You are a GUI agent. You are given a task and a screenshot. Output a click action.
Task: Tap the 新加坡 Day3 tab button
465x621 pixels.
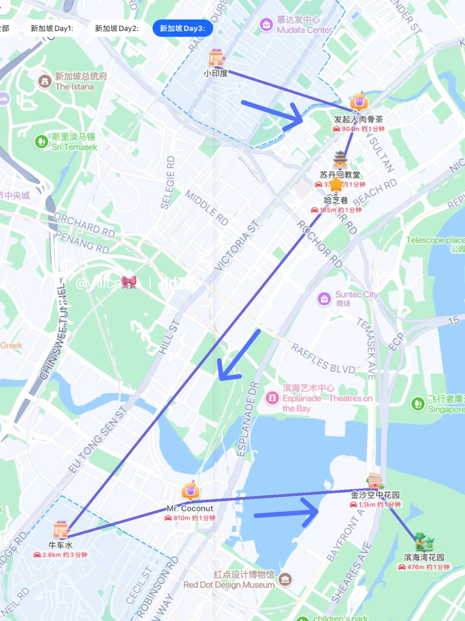tap(182, 28)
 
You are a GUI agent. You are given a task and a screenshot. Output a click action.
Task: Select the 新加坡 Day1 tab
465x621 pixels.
tap(52, 28)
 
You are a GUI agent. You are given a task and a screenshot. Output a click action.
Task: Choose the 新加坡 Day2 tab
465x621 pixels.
tap(117, 28)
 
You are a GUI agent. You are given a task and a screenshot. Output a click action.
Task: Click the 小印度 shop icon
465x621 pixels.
tap(217, 58)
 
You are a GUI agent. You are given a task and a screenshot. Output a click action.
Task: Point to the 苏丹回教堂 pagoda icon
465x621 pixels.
tap(340, 160)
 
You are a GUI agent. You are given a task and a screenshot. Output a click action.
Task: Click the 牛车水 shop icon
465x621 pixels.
tap(61, 530)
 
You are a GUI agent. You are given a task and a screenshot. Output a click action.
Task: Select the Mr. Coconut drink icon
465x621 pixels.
tap(190, 491)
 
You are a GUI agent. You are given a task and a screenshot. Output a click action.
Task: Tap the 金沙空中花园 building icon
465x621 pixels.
tap(375, 481)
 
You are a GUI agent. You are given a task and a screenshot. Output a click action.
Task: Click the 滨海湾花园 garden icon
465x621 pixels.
tap(425, 542)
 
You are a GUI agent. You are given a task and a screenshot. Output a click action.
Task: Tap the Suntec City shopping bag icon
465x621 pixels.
tap(324, 299)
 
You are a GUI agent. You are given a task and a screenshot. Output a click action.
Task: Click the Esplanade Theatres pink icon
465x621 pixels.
tap(272, 398)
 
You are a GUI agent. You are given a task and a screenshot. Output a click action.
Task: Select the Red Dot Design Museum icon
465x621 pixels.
tap(285, 580)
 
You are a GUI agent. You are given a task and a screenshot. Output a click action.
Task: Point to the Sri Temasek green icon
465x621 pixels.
tap(41, 142)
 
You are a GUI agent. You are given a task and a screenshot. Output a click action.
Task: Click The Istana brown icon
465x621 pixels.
tap(45, 81)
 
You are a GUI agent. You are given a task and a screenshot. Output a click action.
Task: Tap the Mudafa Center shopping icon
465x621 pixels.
tap(266, 25)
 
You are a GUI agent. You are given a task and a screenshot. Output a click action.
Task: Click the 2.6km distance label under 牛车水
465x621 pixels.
tap(61, 555)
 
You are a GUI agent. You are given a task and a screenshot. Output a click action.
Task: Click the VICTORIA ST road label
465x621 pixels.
tap(236, 246)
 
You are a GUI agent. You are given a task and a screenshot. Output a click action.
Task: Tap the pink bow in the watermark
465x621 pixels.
tap(129, 282)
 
